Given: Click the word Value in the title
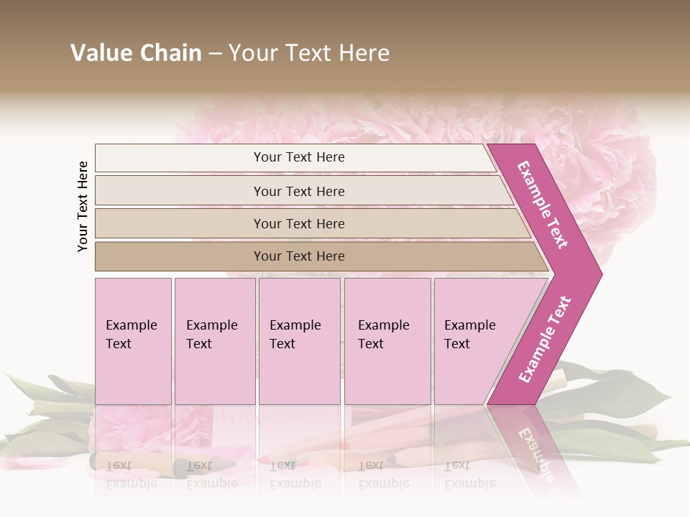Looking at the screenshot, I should pos(100,53).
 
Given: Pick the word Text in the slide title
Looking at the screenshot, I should pos(306,53).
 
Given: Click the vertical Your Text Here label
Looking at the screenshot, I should pos(83,206).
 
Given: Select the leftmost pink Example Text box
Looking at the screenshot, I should pos(133,341).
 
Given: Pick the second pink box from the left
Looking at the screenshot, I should pos(215,341).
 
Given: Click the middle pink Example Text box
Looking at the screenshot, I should pos(299,341).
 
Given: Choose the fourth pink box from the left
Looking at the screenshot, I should pos(387,341).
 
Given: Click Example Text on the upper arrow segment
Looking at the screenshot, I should pos(543,205).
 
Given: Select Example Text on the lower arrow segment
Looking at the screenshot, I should pos(545,339).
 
